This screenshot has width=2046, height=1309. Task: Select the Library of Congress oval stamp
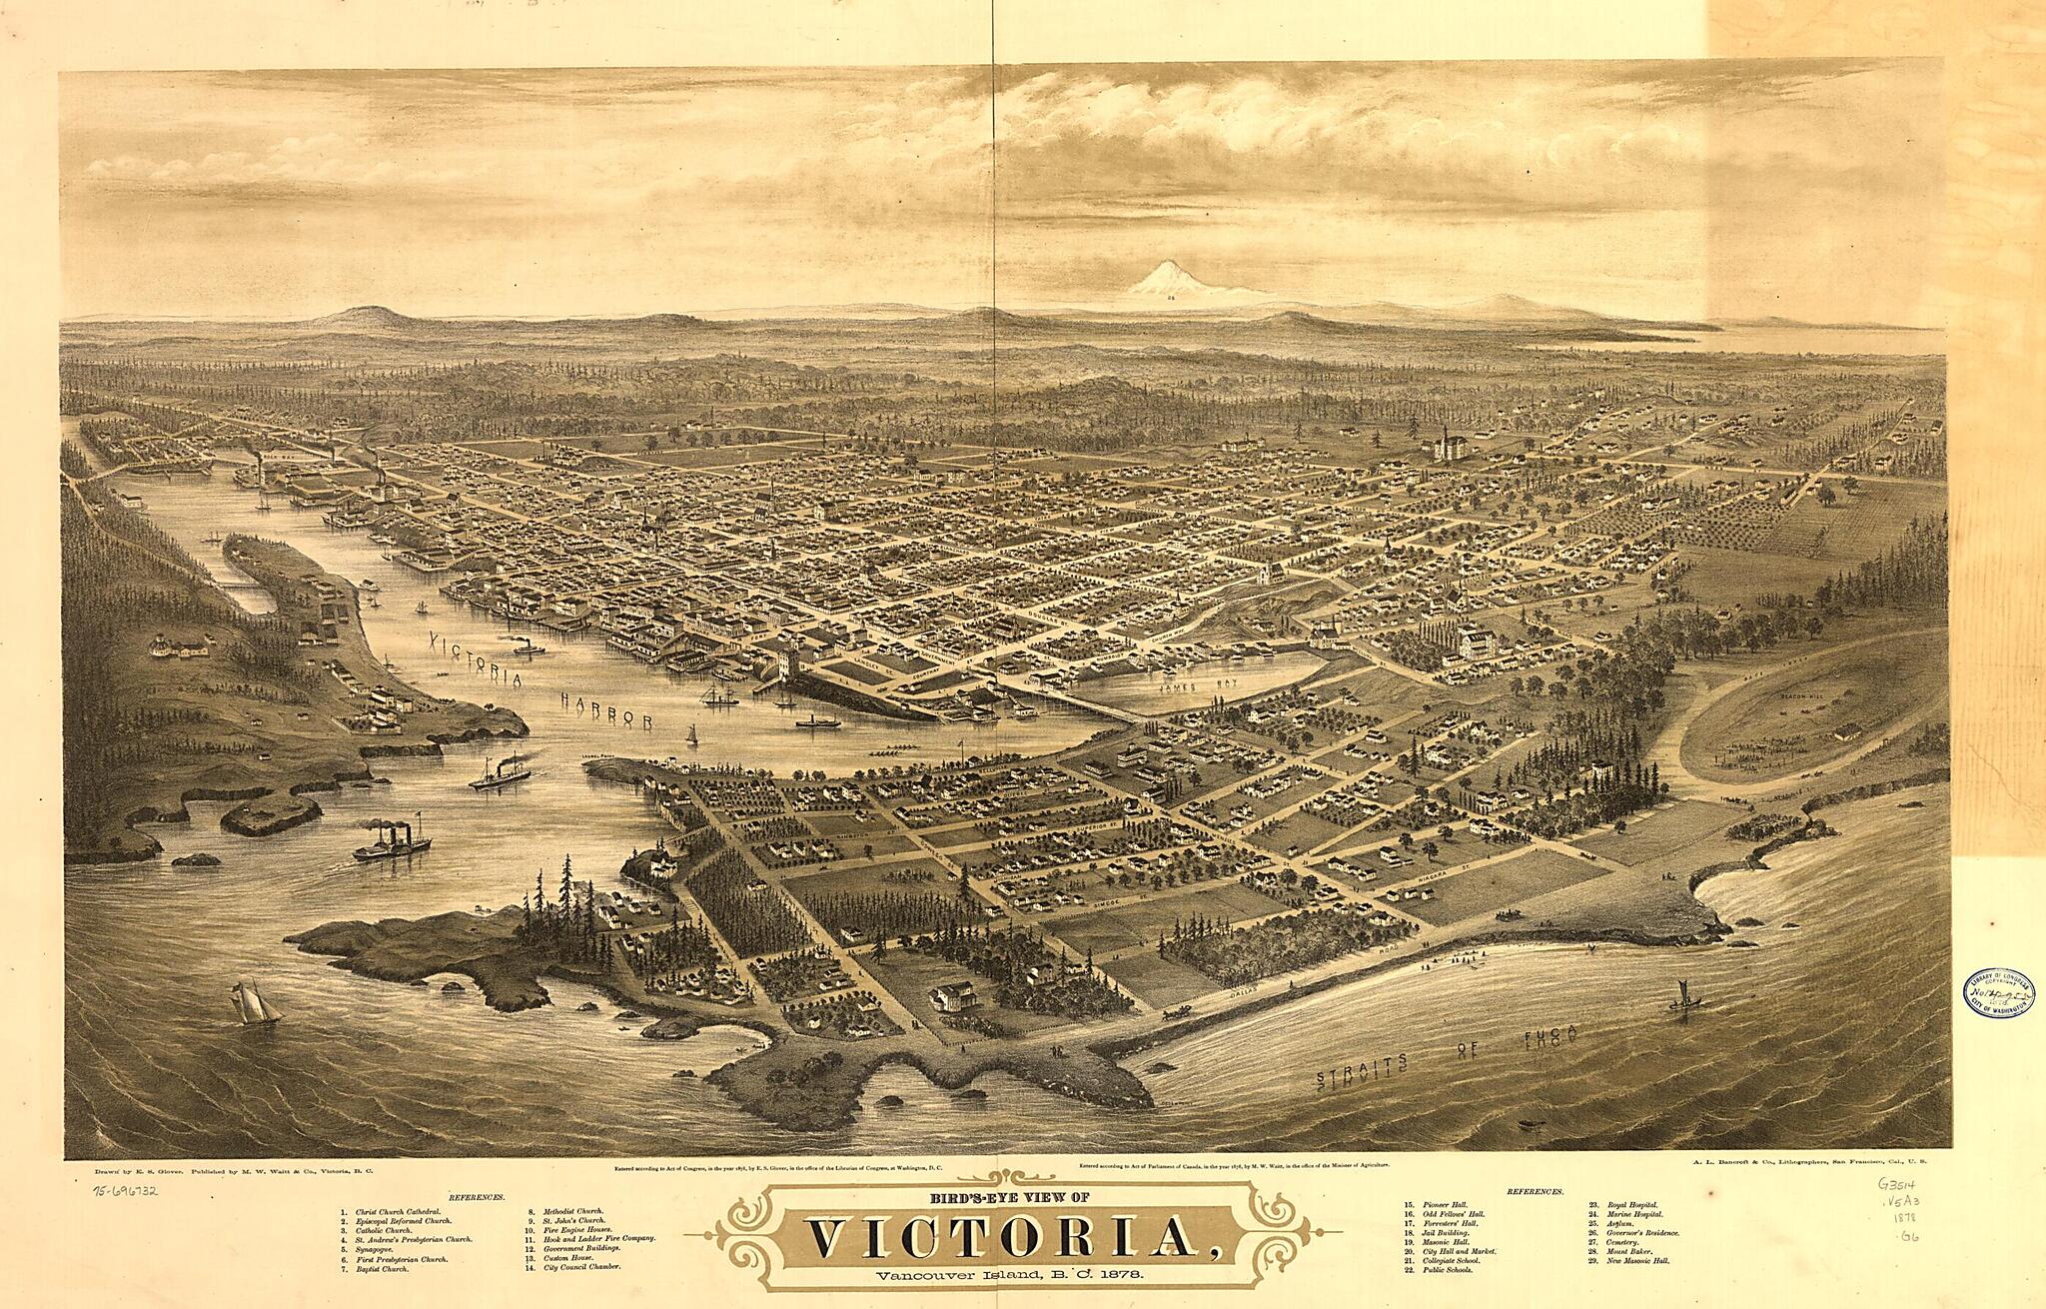point(1999,992)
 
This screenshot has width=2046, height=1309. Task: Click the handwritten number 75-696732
point(127,1191)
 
